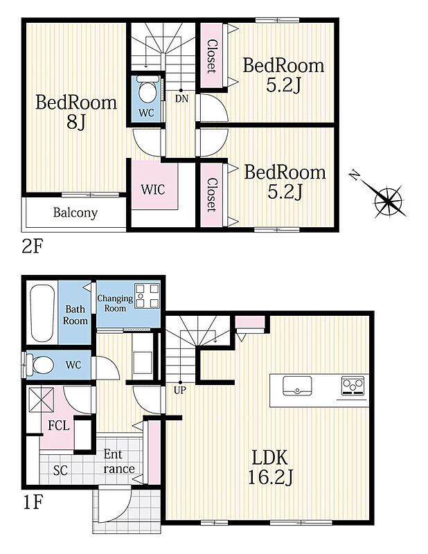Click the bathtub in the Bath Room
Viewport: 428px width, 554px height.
tap(42, 313)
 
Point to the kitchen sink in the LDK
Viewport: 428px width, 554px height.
tap(297, 386)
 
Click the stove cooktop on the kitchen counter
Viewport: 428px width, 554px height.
tap(353, 386)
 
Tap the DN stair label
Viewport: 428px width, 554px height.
tap(181, 99)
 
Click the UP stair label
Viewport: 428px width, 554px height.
tap(180, 391)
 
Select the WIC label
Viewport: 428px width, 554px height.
tap(153, 189)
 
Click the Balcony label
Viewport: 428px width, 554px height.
tap(75, 213)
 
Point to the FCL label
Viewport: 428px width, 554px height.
tap(59, 425)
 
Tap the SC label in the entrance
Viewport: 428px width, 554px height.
tap(60, 470)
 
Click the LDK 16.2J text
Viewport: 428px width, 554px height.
tap(270, 467)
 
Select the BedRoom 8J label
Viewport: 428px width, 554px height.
tap(76, 112)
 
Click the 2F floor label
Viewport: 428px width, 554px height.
tap(32, 247)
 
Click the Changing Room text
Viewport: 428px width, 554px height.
tap(115, 303)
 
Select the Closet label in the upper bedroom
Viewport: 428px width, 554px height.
tap(211, 56)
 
